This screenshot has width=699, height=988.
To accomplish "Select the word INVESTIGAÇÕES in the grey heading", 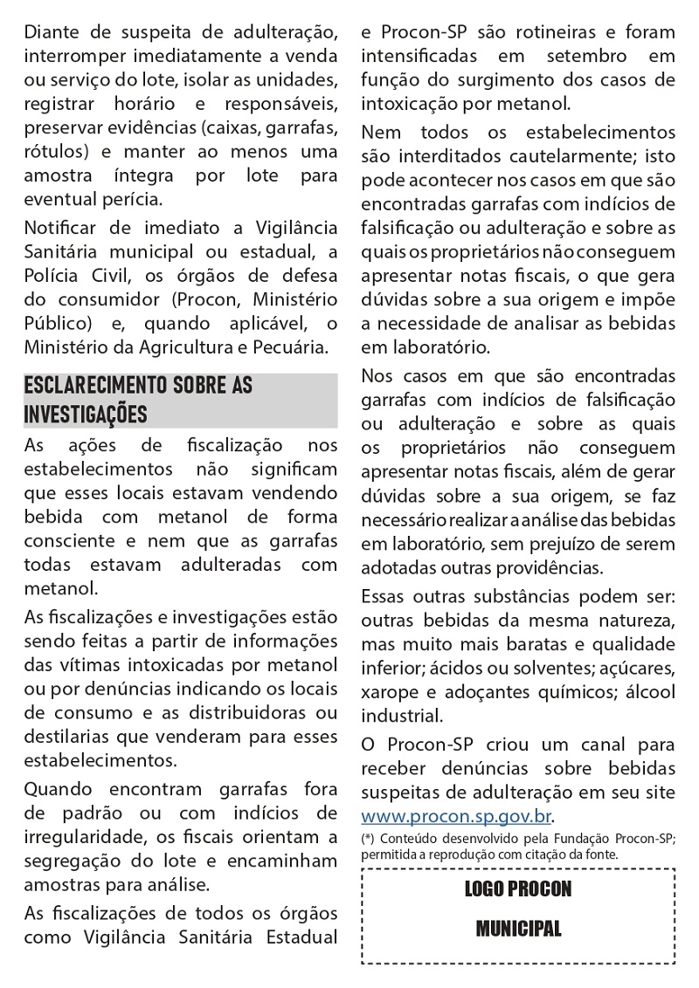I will (x=86, y=412).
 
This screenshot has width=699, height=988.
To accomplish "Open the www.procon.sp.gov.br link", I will (x=457, y=817).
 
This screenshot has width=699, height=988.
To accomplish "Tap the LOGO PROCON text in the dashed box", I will (x=518, y=889).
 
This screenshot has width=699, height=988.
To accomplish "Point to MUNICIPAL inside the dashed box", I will (x=518, y=928).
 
